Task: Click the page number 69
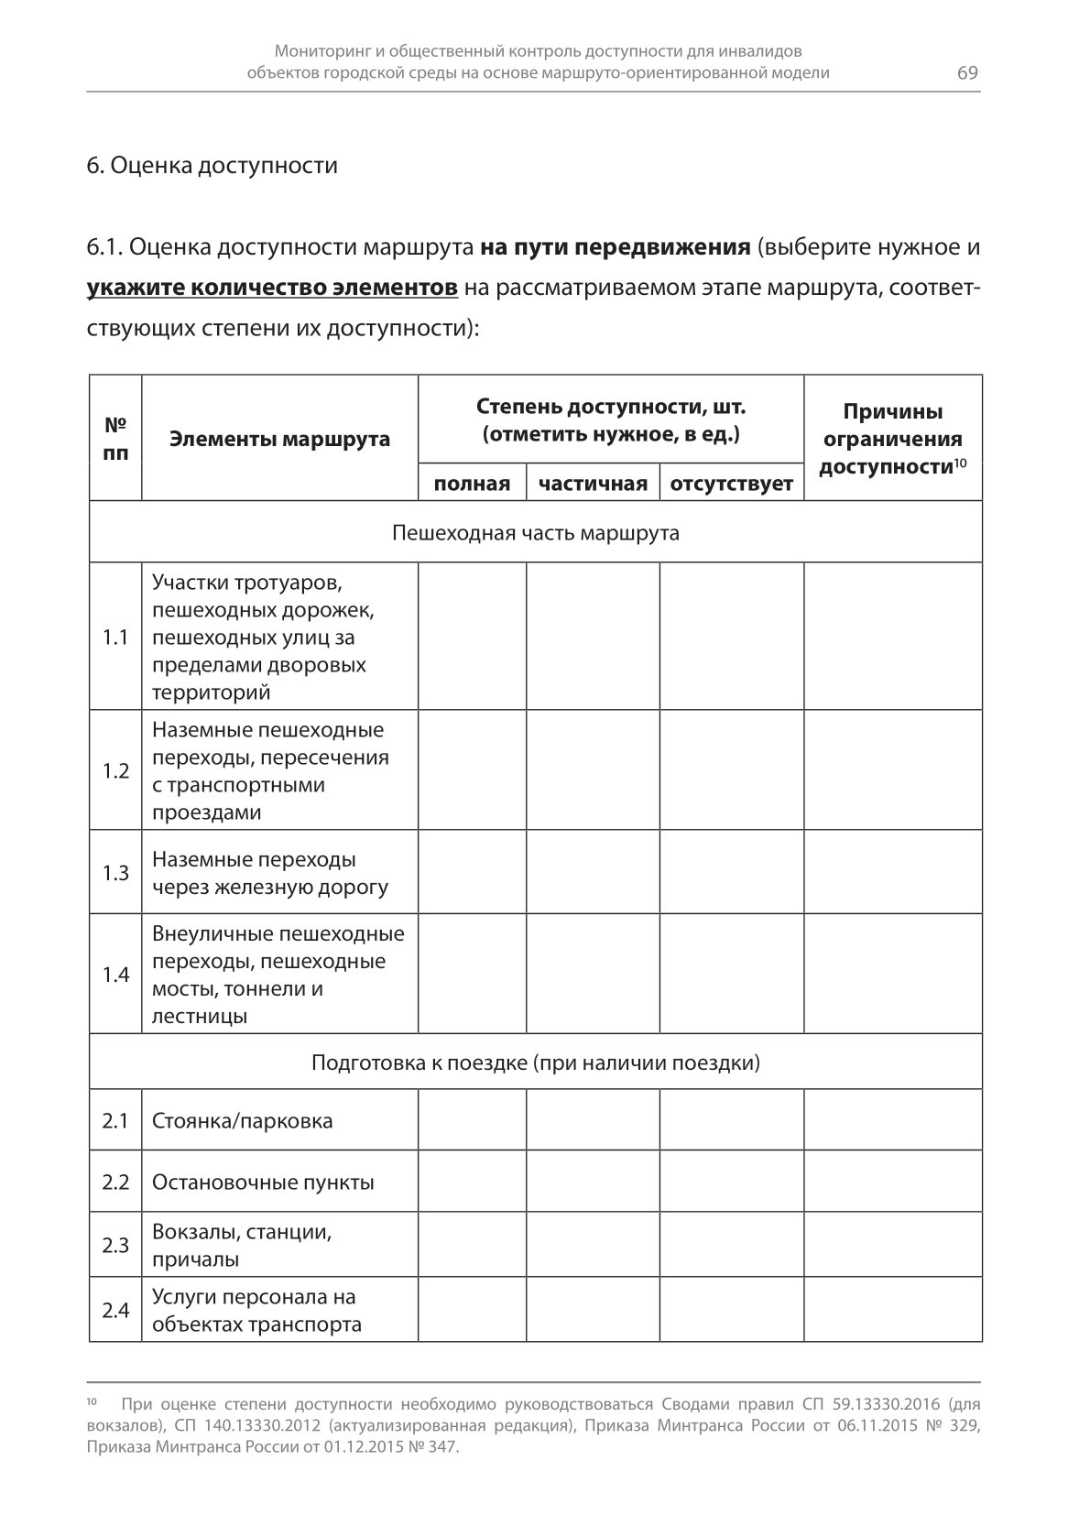[x=967, y=73]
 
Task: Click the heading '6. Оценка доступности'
[x=212, y=166]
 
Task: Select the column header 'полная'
[x=472, y=484]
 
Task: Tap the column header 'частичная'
[x=593, y=484]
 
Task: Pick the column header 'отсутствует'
[x=732, y=484]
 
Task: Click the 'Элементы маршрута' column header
[x=279, y=439]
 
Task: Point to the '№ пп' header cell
[x=115, y=439]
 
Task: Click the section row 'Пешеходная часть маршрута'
[x=535, y=533]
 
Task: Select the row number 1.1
[x=115, y=637]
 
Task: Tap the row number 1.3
[x=115, y=873]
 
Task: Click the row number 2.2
[x=115, y=1183]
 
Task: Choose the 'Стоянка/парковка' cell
[x=243, y=1121]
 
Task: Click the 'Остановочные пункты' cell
[x=263, y=1183]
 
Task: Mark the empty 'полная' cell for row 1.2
[x=472, y=770]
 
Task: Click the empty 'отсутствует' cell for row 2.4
[x=732, y=1311]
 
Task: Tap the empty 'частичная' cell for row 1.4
[x=593, y=975]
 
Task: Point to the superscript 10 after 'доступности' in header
[x=961, y=463]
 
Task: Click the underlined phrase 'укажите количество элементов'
[x=272, y=288]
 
